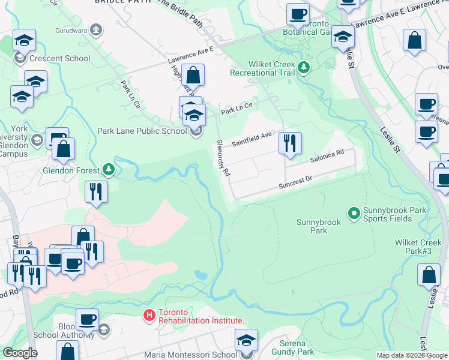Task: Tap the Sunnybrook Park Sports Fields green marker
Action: (x=354, y=212)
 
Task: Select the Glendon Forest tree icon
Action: (x=108, y=170)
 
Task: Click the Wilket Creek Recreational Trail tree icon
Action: (x=304, y=67)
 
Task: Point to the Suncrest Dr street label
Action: (x=295, y=182)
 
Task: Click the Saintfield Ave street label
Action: (x=253, y=140)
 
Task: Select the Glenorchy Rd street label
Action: (x=223, y=158)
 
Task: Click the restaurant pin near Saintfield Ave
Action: (x=290, y=143)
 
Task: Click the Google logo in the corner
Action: (x=20, y=353)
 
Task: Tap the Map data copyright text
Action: (x=412, y=355)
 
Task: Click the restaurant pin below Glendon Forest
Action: (x=95, y=192)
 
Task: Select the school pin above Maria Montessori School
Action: (x=246, y=341)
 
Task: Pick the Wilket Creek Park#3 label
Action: (x=418, y=246)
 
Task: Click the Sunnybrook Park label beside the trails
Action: (x=319, y=226)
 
